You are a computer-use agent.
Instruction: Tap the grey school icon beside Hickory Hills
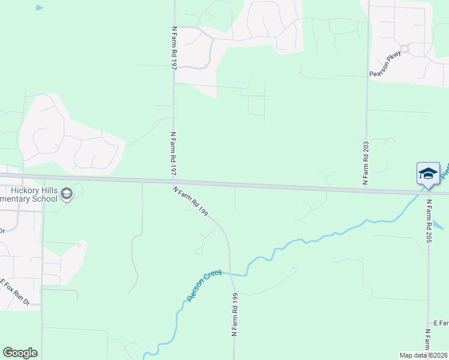(67, 194)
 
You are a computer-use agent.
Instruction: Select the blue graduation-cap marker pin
(428, 174)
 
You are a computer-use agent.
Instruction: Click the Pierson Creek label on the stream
(205, 285)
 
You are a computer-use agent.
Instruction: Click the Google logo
(20, 353)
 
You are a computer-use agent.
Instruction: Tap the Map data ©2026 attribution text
(423, 355)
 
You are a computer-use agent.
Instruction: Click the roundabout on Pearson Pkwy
(404, 49)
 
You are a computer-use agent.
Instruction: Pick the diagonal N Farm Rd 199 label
(190, 201)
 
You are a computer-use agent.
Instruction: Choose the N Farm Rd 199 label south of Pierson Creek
(235, 314)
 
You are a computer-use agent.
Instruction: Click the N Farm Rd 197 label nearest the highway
(173, 154)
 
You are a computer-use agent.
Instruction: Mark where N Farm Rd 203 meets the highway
(366, 190)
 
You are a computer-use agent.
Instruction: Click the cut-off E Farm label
(441, 323)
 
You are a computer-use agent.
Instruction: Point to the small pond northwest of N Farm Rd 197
(39, 8)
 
